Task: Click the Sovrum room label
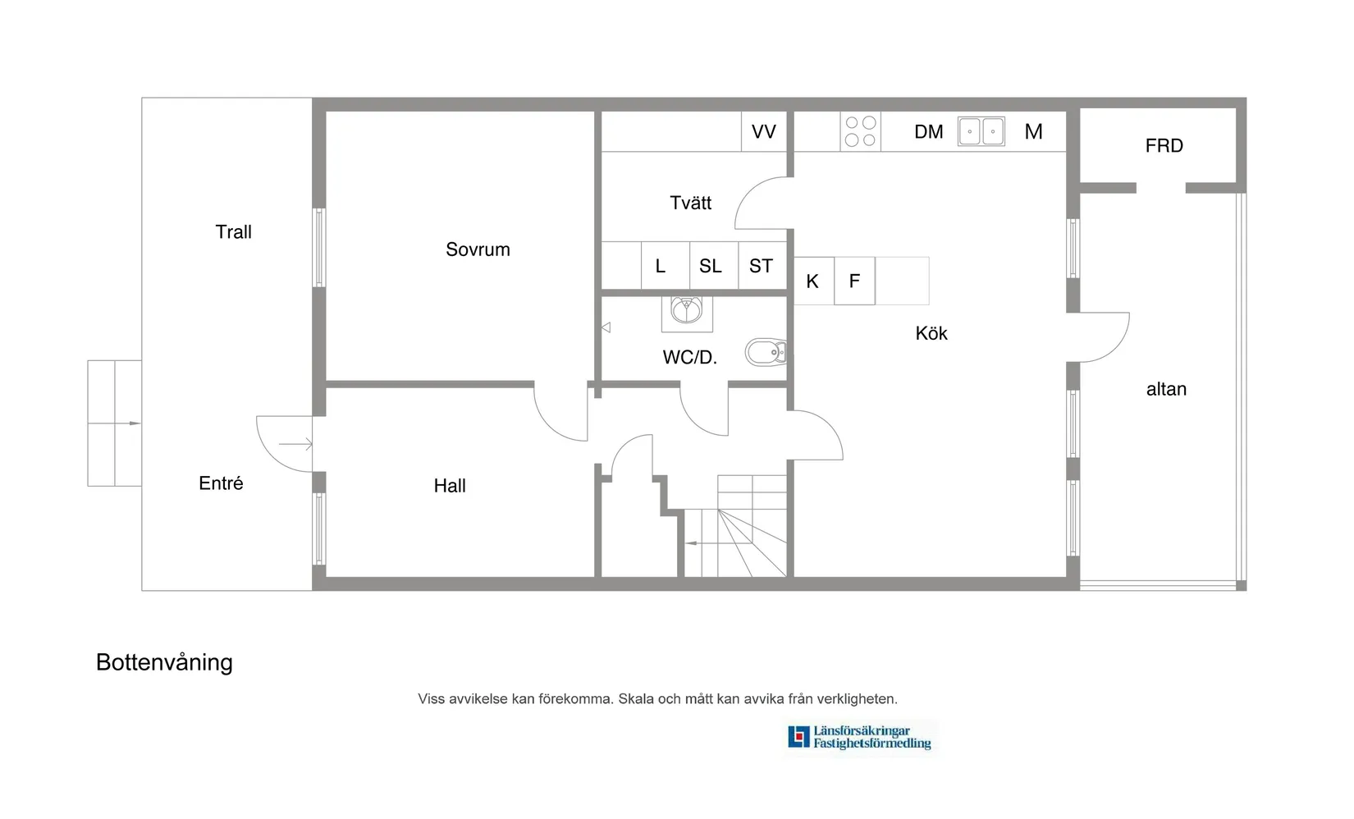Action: tap(478, 249)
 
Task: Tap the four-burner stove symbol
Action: tap(860, 131)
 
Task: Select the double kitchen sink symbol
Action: tap(981, 131)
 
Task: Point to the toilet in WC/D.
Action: tap(766, 353)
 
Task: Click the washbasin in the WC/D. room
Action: tap(686, 309)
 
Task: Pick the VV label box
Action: tap(764, 131)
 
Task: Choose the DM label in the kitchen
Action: tap(929, 131)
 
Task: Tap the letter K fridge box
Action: tap(813, 281)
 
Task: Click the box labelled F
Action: tap(854, 281)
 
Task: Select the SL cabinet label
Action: tap(711, 266)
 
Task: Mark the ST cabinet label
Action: tap(761, 266)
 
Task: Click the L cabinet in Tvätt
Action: tap(661, 266)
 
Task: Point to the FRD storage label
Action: tap(1164, 146)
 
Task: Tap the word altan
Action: tap(1166, 389)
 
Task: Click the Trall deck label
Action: tap(233, 232)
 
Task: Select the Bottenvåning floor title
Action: tap(164, 662)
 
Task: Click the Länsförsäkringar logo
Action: tap(859, 737)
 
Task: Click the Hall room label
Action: tap(450, 486)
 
